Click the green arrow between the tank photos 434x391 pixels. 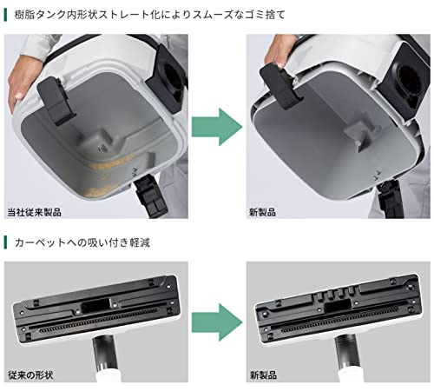click(217, 127)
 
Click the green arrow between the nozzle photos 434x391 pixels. click(217, 322)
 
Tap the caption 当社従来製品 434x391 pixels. click(34, 212)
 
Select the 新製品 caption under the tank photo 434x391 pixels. click(262, 212)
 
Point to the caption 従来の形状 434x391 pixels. click(30, 375)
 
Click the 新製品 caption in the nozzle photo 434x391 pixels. click(263, 375)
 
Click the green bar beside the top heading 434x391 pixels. click(5, 15)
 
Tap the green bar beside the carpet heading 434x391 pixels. click(5, 242)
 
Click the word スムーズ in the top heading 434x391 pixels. click(212, 15)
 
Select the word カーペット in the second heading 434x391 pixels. click(40, 242)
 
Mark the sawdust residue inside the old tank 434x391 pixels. click(110, 174)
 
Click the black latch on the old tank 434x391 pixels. click(56, 100)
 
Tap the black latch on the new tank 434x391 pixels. click(280, 86)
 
